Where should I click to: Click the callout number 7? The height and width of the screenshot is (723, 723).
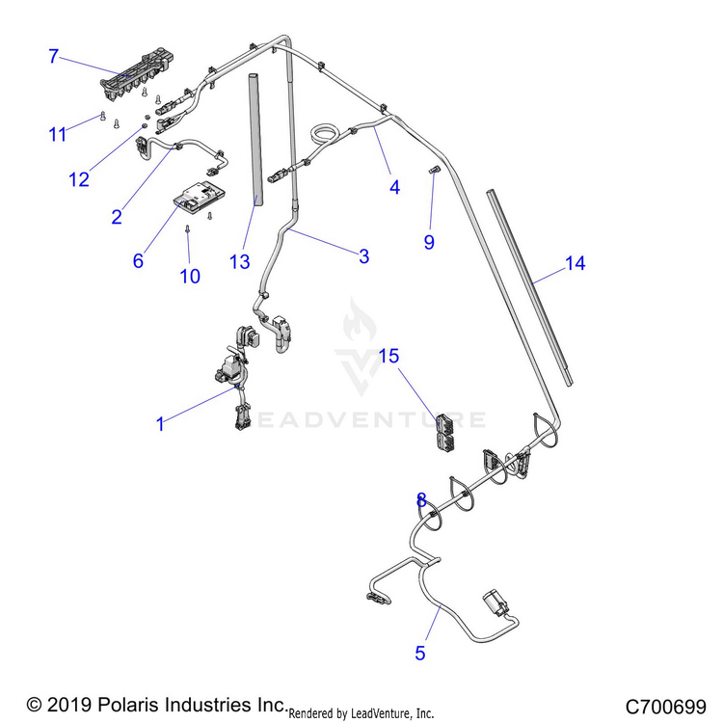point(54,56)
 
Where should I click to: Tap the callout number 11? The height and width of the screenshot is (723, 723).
point(59,134)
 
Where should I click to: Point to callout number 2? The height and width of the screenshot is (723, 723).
point(117,217)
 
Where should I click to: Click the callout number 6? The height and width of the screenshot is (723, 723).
point(138,260)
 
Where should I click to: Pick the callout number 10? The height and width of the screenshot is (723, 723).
point(190,276)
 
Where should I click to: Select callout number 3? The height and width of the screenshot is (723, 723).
point(363,255)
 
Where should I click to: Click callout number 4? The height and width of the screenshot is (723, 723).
point(394,188)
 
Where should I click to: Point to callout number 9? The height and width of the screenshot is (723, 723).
point(429,242)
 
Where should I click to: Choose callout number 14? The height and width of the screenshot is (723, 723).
point(575,263)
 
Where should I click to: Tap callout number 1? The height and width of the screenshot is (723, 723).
point(160,422)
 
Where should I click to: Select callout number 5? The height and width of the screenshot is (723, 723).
point(419,653)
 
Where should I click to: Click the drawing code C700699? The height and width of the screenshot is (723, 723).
point(665,705)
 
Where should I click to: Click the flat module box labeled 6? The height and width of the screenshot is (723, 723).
point(199,198)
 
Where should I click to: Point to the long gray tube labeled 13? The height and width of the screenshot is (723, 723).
point(256,135)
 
